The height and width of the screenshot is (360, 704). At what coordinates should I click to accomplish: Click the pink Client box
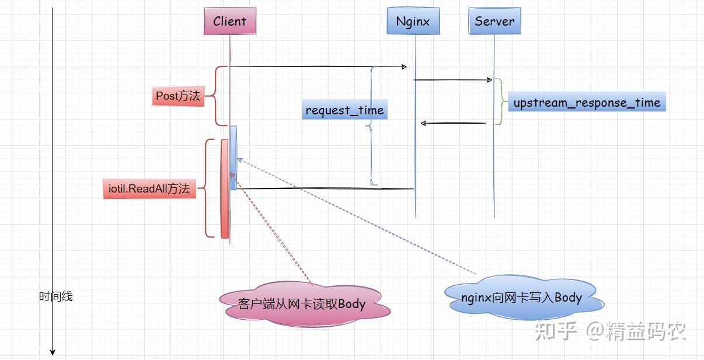[x=229, y=22]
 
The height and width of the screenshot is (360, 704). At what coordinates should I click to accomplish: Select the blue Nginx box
[x=413, y=22]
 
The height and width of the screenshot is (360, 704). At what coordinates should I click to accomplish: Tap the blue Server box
[x=494, y=22]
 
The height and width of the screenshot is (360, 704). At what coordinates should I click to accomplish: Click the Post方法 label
[x=178, y=96]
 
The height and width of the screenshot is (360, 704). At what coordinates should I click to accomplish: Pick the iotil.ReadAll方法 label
[x=149, y=189]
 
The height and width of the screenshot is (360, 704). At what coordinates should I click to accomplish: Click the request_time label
[x=344, y=110]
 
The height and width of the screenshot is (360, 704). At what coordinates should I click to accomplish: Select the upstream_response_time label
[x=586, y=103]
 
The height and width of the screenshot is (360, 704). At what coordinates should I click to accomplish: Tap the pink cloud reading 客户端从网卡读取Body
[x=302, y=304]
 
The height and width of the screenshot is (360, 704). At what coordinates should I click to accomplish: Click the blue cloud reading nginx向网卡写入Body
[x=521, y=298]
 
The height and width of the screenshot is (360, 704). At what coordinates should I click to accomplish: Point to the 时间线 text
[x=56, y=296]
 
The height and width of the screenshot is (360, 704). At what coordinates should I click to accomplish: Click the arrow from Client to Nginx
[x=318, y=67]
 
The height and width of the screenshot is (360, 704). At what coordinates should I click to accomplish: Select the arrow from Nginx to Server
[x=452, y=80]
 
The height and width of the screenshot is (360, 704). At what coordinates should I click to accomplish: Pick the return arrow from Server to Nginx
[x=454, y=123]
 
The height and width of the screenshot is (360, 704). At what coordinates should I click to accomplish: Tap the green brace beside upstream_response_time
[x=500, y=102]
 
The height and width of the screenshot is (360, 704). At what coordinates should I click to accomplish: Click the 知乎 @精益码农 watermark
[x=611, y=331]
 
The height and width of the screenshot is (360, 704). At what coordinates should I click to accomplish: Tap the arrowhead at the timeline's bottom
[x=53, y=351]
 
